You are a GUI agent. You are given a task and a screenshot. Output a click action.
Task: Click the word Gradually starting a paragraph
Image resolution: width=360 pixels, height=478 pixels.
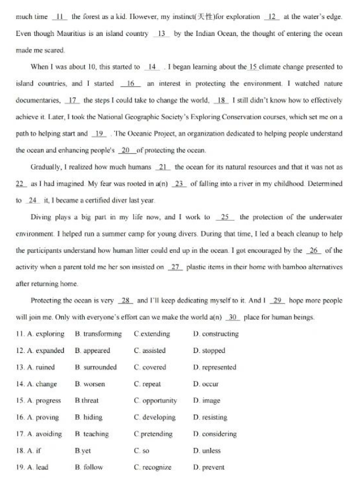click(52, 167)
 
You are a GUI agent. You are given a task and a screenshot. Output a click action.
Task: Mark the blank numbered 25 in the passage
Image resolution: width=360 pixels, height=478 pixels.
click(225, 217)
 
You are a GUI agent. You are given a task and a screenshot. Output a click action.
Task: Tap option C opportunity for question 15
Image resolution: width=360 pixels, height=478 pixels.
click(155, 401)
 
